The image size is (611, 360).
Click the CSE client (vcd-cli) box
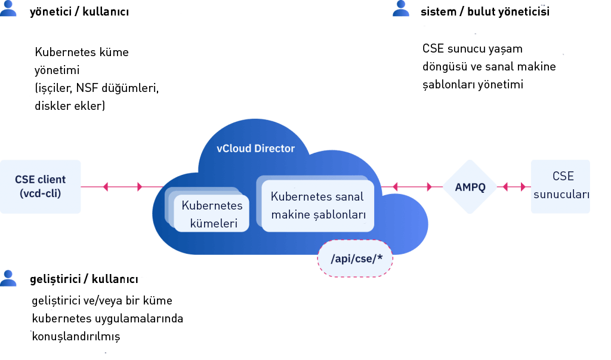41,186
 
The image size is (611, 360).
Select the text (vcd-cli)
41,193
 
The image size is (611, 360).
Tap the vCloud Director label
255,148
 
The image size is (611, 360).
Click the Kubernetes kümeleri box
211,214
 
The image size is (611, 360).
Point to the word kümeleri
211,224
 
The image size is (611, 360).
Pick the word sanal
350,196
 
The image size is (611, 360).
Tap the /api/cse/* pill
355,259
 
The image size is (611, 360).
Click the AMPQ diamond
470,187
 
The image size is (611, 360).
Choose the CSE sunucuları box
561,186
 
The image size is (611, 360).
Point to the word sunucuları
561,195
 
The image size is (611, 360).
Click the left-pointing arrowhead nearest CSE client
106,187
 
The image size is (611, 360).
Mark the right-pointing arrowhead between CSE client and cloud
140,187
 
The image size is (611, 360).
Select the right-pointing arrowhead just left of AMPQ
430,187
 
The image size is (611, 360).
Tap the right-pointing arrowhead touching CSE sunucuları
524,187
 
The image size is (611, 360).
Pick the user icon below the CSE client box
8,278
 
